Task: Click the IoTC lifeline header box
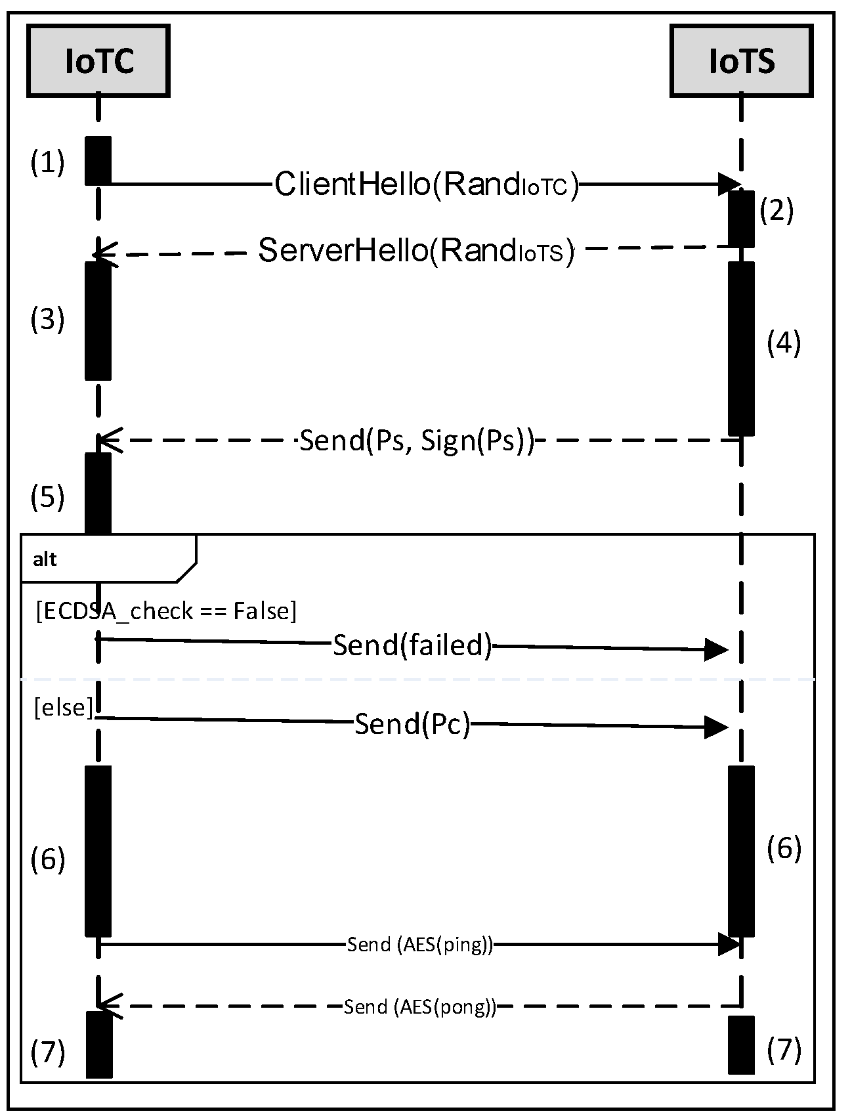(x=98, y=61)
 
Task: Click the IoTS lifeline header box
(x=742, y=61)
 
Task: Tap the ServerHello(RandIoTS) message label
(x=416, y=251)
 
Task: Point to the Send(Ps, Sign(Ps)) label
(x=416, y=440)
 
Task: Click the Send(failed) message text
(x=412, y=645)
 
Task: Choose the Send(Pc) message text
(x=412, y=723)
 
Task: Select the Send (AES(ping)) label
(x=419, y=945)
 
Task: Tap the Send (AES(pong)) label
(x=419, y=1006)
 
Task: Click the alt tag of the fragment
(x=45, y=559)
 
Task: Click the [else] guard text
(x=63, y=708)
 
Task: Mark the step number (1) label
(x=48, y=162)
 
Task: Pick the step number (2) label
(x=776, y=211)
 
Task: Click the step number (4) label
(x=784, y=343)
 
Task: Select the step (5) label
(x=48, y=497)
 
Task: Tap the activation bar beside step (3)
(x=98, y=320)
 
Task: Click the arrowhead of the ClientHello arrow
(x=729, y=184)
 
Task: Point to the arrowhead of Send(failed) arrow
(x=717, y=650)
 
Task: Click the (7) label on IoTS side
(x=784, y=1050)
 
